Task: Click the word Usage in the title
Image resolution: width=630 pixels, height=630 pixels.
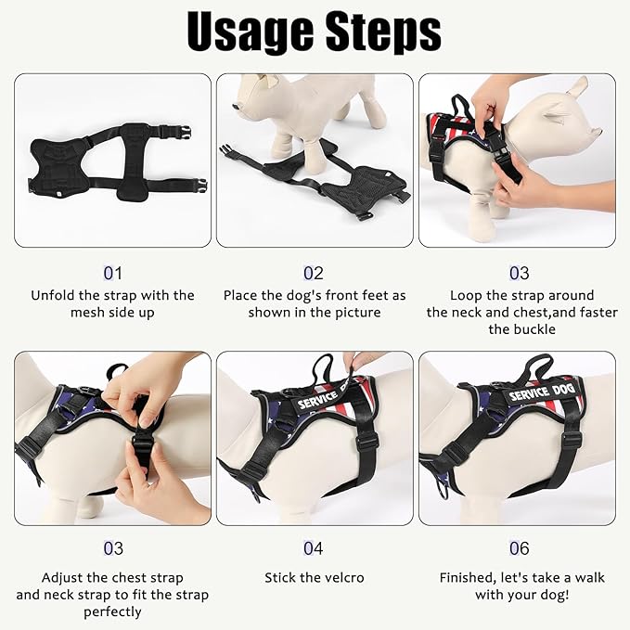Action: (249, 32)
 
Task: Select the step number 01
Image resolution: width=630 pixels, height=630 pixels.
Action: (112, 273)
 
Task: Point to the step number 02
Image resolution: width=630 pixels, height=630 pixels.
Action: (314, 273)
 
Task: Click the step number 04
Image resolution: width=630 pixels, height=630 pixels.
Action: (314, 549)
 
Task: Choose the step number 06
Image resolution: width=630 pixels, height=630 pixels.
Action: (520, 549)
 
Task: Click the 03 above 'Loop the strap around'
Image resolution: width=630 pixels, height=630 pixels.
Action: (520, 273)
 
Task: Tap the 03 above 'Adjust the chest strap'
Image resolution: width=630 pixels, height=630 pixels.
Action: (112, 549)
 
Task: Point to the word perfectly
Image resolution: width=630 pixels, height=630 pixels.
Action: (112, 611)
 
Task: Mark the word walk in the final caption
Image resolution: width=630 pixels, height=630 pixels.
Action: (586, 577)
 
